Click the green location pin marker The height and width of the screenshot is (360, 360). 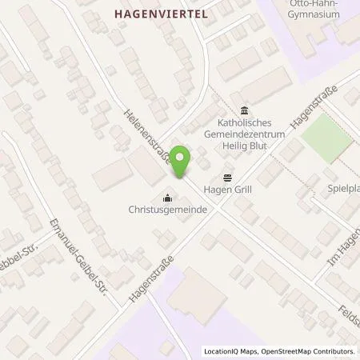pyautogui.click(x=181, y=163)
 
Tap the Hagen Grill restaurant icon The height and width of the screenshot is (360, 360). pyautogui.click(x=228, y=178)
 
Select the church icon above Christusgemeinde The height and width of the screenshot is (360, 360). pyautogui.click(x=167, y=196)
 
